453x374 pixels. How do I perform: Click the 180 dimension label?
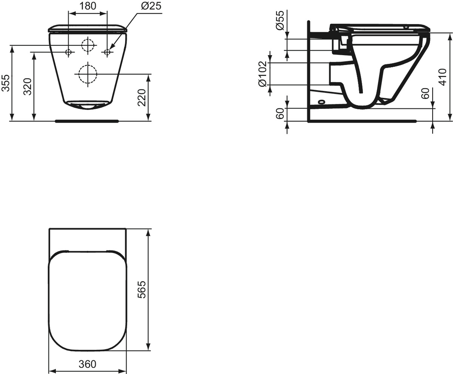(88, 6)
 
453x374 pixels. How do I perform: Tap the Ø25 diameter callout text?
(151, 6)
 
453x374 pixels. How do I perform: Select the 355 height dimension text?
(6, 83)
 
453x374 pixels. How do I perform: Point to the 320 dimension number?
(28, 87)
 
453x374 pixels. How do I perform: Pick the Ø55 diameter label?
(280, 20)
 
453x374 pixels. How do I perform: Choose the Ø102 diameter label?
(262, 74)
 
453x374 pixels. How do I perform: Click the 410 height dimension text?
(442, 77)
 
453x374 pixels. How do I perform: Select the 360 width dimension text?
(88, 364)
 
